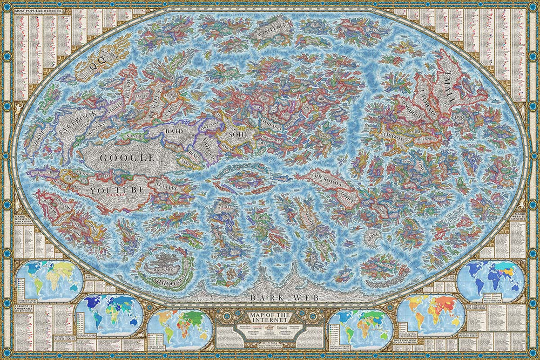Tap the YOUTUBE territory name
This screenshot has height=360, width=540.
[118, 190]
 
